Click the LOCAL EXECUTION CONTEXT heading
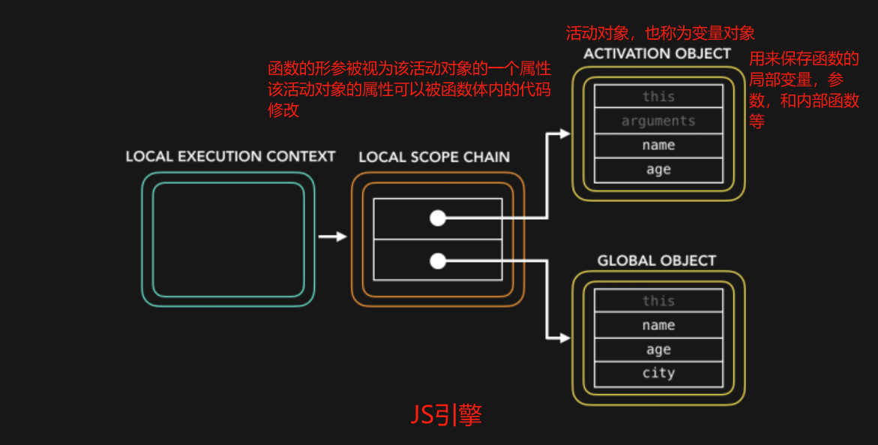click(230, 156)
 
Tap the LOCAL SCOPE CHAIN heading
click(434, 157)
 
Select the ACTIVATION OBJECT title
click(657, 53)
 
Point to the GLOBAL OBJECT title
click(657, 260)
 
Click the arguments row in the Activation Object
click(658, 121)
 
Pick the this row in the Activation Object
click(658, 97)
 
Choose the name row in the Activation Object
click(658, 146)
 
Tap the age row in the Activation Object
click(658, 170)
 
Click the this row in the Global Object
click(658, 301)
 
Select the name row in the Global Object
click(658, 325)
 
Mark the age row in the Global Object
click(658, 350)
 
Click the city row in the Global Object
click(658, 373)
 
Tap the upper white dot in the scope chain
click(438, 218)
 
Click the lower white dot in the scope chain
click(438, 261)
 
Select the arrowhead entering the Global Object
click(564, 338)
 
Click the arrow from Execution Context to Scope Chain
click(332, 236)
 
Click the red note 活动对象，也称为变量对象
click(660, 33)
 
